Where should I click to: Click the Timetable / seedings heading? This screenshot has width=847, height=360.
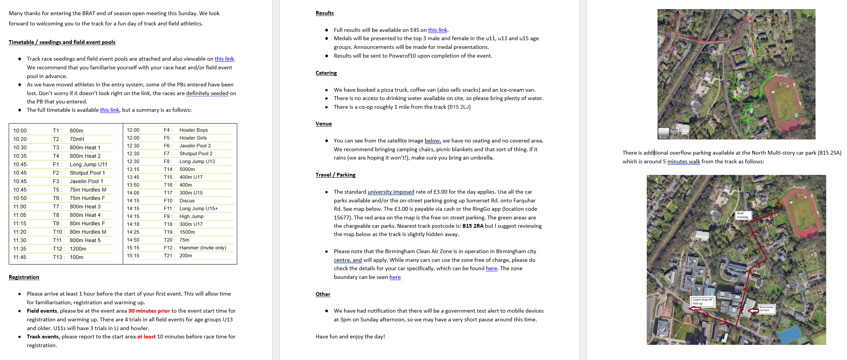coord(62,42)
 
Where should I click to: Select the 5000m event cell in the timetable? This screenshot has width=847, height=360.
coord(187,169)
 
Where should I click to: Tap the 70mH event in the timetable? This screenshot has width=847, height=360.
coord(77,139)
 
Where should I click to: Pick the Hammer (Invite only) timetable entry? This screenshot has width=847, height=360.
coord(203,248)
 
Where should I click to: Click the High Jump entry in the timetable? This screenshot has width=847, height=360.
coord(191,216)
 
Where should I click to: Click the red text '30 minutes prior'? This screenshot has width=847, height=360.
coord(149,311)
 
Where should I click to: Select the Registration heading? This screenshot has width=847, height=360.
coord(24,277)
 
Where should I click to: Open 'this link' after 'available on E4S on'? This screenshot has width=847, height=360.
coord(437,30)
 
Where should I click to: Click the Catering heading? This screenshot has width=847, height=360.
coord(326,73)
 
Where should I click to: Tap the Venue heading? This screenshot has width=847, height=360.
coord(323,124)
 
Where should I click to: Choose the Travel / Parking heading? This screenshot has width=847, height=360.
coord(335,175)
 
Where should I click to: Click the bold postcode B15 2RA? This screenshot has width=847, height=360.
coord(473,226)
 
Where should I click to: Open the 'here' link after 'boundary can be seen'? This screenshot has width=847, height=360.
coord(395,277)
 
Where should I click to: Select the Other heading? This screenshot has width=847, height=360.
coord(323,294)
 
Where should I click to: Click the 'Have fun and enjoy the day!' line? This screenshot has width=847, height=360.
coord(350,337)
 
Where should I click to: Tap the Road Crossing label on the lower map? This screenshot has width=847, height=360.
coord(743,215)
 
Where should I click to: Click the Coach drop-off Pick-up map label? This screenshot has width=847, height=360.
coord(702,301)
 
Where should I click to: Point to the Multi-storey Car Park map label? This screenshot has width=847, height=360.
coord(766,309)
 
